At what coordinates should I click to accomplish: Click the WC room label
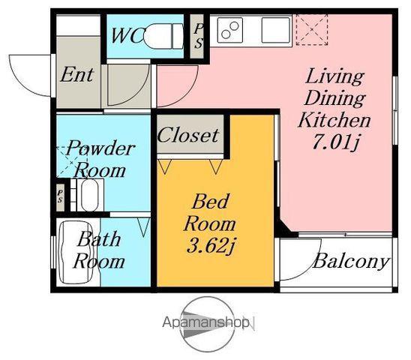click(x=127, y=35)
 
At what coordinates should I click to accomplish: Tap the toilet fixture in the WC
click(x=163, y=36)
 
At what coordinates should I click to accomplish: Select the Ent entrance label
click(x=76, y=75)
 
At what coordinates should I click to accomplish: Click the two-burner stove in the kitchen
click(x=230, y=30)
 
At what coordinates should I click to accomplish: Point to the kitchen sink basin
click(x=276, y=30)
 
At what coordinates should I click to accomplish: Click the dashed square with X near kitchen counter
click(x=312, y=30)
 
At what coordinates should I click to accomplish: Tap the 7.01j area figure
click(x=335, y=143)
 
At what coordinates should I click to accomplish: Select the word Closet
click(x=188, y=135)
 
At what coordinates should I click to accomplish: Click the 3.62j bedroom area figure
click(x=210, y=247)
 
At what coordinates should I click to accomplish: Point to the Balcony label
click(x=351, y=261)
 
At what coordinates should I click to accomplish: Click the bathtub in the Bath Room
click(x=76, y=253)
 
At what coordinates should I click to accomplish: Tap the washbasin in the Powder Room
click(x=90, y=195)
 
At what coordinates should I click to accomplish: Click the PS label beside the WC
click(x=199, y=36)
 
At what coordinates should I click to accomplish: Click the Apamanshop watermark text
click(x=205, y=322)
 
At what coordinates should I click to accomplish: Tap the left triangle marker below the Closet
click(x=164, y=166)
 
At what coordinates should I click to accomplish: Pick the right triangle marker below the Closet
click(x=216, y=166)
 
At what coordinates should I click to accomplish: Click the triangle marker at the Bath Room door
click(x=144, y=226)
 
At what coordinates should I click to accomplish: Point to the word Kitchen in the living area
click(x=334, y=120)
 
